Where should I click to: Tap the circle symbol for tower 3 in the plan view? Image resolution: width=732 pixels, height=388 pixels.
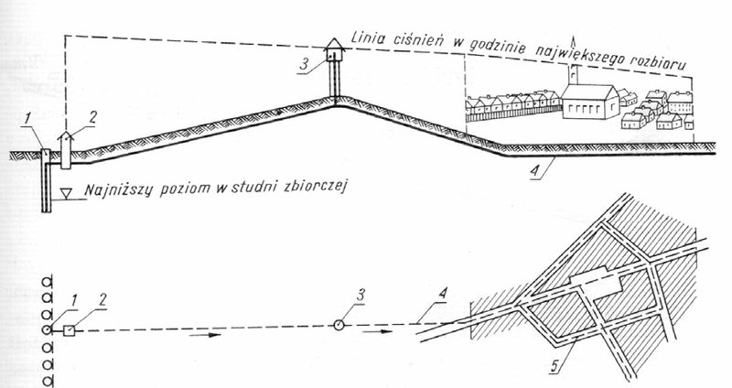click(x=339, y=325)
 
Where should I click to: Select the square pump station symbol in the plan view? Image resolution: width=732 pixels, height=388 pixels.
click(x=70, y=330)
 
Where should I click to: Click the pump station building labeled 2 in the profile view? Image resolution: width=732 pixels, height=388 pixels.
click(x=66, y=150)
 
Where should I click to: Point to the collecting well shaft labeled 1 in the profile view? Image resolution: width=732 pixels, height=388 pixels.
click(x=45, y=180)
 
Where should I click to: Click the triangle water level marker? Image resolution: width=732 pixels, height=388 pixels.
click(x=67, y=193)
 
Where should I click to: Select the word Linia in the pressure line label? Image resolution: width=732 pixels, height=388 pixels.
click(x=369, y=38)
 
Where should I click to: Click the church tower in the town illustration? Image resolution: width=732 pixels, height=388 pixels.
click(x=574, y=74)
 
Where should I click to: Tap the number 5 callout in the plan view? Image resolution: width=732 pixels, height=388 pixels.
click(x=555, y=365)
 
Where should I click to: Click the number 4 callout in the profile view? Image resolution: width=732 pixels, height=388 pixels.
click(x=536, y=170)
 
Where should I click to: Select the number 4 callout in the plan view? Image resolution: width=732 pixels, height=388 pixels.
click(x=443, y=294)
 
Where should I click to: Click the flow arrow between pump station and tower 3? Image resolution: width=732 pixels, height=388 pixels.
click(x=205, y=334)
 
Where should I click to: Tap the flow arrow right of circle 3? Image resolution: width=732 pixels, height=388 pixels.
click(x=377, y=331)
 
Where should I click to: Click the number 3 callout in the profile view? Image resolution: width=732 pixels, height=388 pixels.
click(x=304, y=64)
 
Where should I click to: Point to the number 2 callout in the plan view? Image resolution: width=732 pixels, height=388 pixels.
click(x=102, y=300)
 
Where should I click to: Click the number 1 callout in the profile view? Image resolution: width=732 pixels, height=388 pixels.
click(x=27, y=120)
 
